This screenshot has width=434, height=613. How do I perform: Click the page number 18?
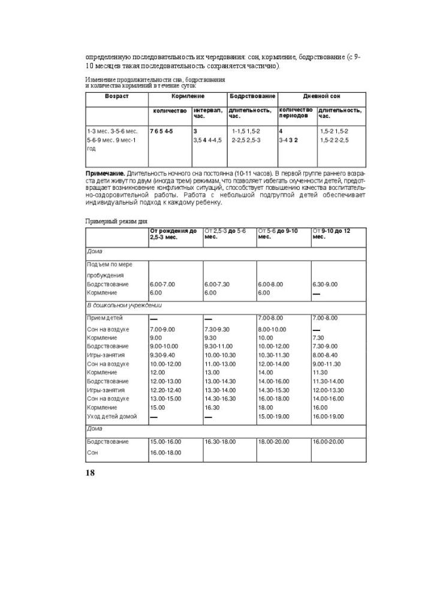(x=90, y=473)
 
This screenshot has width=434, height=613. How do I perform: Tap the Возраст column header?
(x=117, y=96)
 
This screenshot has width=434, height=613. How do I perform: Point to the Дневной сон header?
(x=322, y=96)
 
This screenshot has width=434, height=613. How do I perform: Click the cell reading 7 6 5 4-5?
(x=161, y=131)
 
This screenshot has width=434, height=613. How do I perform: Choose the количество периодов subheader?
(x=296, y=113)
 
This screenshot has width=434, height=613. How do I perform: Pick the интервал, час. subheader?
(x=207, y=113)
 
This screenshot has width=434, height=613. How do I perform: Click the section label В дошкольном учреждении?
(x=123, y=305)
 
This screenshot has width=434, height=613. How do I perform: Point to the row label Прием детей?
(x=106, y=317)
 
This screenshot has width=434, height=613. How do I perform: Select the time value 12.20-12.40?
(x=164, y=390)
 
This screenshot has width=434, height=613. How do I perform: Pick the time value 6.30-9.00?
(x=325, y=284)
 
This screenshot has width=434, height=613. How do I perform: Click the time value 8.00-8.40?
(x=325, y=354)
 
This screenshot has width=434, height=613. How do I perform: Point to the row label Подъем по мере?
(x=109, y=264)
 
